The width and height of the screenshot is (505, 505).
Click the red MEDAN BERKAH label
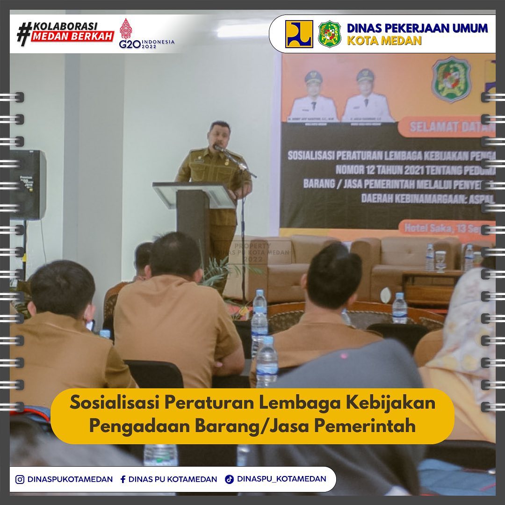(x=72, y=36)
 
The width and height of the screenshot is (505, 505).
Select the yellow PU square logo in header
(x=299, y=34)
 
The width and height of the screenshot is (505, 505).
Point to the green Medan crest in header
(x=330, y=34)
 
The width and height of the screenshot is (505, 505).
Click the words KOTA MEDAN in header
(x=384, y=41)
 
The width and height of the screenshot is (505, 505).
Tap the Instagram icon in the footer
(x=20, y=479)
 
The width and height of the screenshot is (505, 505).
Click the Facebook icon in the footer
(x=123, y=479)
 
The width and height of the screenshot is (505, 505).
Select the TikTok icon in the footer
(x=229, y=479)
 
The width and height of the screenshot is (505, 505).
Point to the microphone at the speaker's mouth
(x=218, y=148)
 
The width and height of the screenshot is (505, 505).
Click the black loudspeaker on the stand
(x=28, y=185)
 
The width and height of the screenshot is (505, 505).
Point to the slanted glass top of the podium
(x=194, y=195)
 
